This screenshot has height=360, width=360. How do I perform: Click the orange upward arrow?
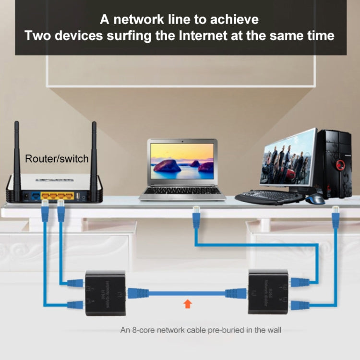[188, 303]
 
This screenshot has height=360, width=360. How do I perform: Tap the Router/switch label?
[57, 158]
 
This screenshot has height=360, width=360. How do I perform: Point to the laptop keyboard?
[182, 191]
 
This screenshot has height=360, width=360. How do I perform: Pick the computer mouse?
[315, 199]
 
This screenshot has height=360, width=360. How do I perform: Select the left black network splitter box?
[105, 292]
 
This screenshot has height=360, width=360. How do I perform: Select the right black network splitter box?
[268, 292]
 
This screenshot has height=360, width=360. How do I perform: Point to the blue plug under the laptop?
[196, 218]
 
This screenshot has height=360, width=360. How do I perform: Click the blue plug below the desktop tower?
[335, 217]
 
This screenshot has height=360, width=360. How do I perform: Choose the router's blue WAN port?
[35, 196]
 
